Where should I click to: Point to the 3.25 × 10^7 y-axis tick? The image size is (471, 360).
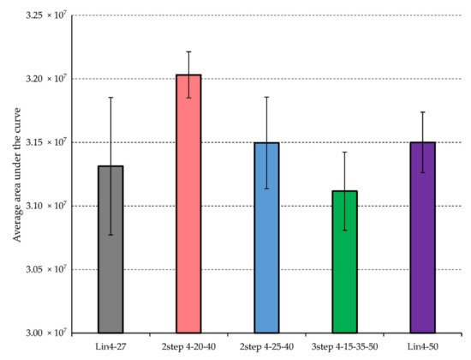pos(43,15)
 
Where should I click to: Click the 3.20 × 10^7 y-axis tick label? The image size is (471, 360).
pos(43,79)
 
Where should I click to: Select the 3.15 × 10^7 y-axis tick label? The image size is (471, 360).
pos(43,142)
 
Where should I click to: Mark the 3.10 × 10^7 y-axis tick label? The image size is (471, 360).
pos(43,206)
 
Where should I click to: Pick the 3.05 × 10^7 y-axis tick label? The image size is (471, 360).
pos(43,269)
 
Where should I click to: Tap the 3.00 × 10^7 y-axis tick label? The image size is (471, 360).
pos(43,333)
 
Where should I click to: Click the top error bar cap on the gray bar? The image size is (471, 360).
pos(110,98)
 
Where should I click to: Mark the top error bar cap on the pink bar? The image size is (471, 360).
pos(188,51)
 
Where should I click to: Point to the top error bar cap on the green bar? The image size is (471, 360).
pos(344,152)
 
